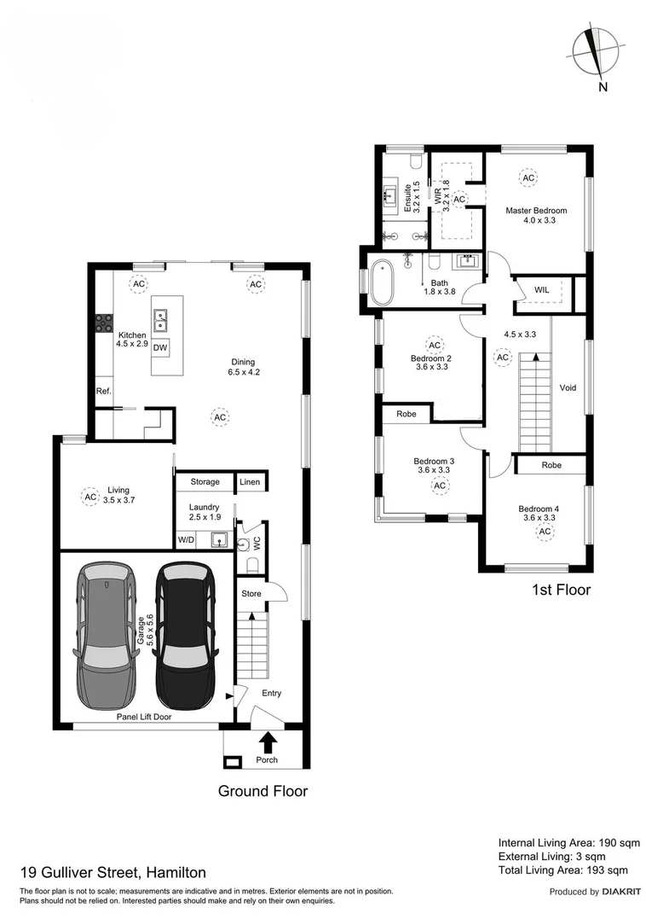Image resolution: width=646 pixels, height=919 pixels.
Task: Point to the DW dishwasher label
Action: point(160,347)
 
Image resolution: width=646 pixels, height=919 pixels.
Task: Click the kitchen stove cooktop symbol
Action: point(104,323)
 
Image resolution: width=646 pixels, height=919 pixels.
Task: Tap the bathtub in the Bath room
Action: point(382,282)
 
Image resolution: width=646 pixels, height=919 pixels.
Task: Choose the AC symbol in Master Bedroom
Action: point(528,177)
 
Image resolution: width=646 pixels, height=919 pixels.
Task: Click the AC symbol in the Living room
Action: point(90,496)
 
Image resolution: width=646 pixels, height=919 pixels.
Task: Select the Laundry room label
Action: point(204,507)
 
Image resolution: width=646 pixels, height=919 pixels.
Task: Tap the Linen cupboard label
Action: point(250,482)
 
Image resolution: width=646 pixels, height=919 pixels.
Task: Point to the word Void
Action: point(568,387)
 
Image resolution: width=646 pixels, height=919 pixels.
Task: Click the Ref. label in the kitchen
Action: point(103,391)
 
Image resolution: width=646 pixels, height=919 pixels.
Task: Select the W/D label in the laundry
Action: point(186,540)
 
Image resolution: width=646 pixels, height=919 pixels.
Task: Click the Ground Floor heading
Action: point(262,791)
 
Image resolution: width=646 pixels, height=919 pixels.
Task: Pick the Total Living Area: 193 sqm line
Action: point(562,870)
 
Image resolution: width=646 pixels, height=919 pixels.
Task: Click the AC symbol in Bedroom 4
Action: point(544,532)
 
